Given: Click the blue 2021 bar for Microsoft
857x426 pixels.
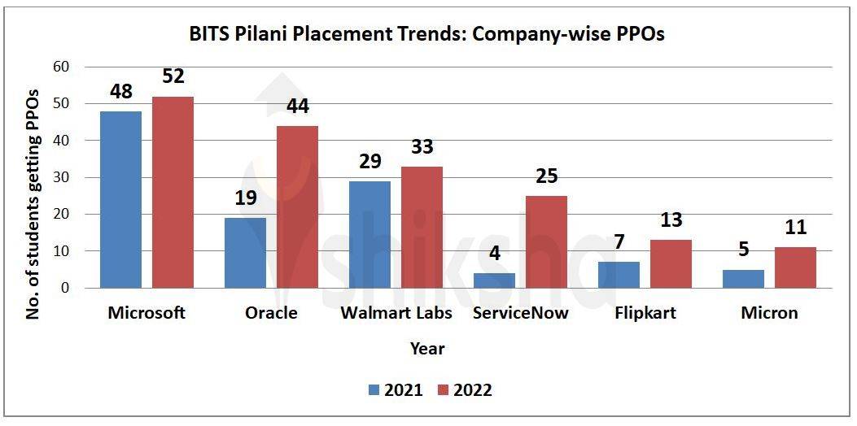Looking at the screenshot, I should click(x=120, y=199).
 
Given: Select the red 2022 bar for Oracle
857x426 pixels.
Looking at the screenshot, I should click(x=297, y=206).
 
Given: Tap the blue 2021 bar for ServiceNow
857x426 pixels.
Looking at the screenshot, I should click(x=494, y=280).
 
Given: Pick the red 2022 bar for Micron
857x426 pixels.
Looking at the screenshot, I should click(x=795, y=267).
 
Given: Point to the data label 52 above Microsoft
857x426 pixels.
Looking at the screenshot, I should click(x=172, y=76).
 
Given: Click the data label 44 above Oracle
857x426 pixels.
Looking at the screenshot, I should click(x=297, y=106).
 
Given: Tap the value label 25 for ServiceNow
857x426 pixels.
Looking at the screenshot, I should click(x=546, y=176).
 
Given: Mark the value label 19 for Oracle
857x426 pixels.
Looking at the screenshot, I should click(x=245, y=198).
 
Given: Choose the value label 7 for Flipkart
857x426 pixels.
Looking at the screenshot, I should click(x=619, y=243).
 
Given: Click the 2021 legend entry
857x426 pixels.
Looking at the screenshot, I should click(x=395, y=390).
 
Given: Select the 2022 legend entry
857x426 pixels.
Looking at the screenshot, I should click(x=464, y=390).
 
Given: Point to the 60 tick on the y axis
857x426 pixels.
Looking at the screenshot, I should click(x=60, y=67).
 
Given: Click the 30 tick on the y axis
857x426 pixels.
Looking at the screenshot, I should click(x=60, y=177).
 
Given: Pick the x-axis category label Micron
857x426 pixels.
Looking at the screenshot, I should click(x=769, y=313).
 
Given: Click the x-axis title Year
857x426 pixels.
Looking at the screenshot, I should click(x=427, y=349).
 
